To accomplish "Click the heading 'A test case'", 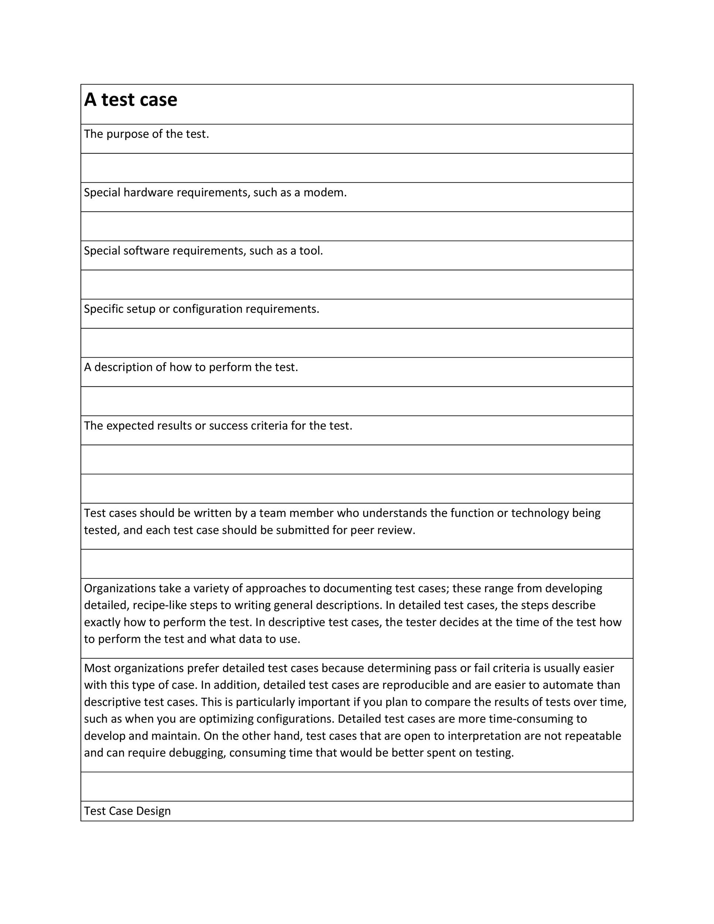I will pos(130,100).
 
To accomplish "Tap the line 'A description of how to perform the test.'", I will pos(191,367).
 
